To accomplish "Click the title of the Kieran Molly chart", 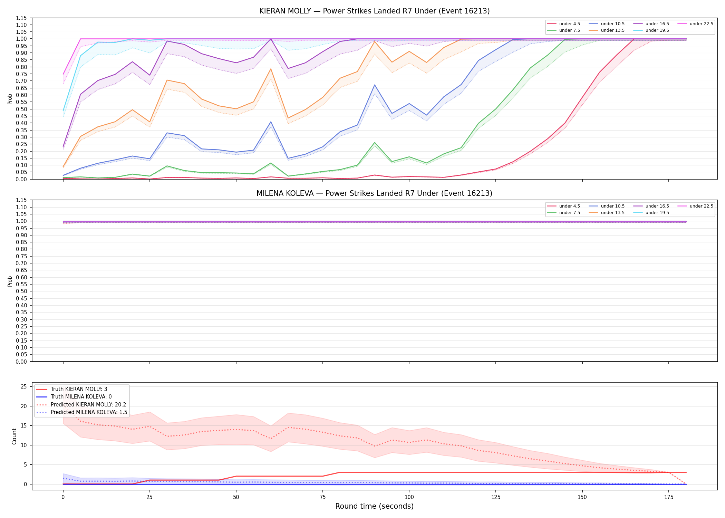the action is [374, 11].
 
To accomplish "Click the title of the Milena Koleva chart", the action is [374, 193].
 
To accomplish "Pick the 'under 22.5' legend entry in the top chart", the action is [696, 24].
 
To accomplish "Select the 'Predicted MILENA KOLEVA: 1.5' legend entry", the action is [82, 412].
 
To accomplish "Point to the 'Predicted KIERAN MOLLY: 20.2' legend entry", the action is [81, 405].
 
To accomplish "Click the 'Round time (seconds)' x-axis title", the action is [374, 506].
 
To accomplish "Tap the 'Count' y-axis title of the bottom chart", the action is [14, 436].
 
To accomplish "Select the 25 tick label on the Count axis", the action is [24, 387].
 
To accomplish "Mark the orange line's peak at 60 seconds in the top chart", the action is [271, 69].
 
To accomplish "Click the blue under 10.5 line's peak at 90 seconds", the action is [375, 85].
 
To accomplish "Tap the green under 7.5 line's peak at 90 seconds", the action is [375, 143].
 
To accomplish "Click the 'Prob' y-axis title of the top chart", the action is [10, 99].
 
